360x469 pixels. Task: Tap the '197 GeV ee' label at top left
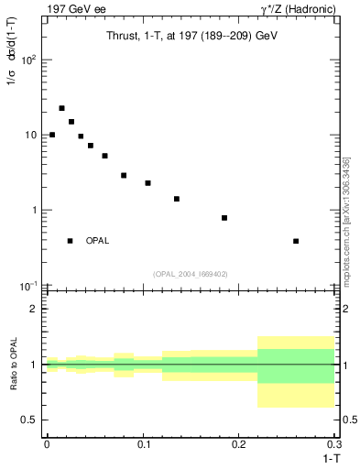[x=74, y=9]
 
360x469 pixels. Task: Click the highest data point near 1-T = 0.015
[x=61, y=108]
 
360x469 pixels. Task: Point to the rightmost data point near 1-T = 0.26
[x=296, y=241]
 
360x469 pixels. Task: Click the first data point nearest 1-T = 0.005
[x=52, y=135]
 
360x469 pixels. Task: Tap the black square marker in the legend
[x=70, y=241]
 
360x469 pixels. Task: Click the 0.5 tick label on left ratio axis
[x=29, y=420]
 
